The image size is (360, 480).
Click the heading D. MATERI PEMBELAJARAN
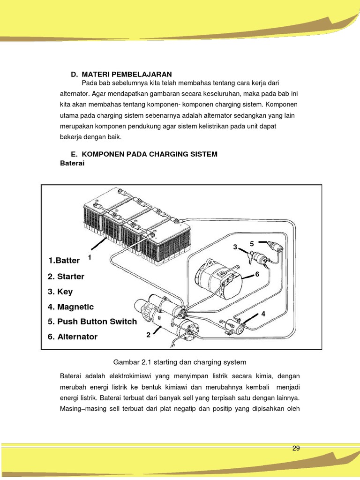click(x=121, y=74)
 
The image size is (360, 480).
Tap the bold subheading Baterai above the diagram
click(x=72, y=163)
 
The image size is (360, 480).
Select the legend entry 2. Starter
click(x=66, y=277)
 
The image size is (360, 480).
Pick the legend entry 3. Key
click(x=60, y=292)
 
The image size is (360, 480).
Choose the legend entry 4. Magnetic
click(x=71, y=307)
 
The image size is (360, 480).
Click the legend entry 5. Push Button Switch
click(x=92, y=322)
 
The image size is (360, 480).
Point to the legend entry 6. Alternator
click(x=73, y=337)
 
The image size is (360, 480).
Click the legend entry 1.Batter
click(x=64, y=260)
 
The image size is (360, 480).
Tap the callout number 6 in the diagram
click(x=257, y=275)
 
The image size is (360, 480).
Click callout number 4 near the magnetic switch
click(x=263, y=314)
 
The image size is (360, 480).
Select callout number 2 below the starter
click(x=148, y=335)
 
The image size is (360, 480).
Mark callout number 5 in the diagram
click(x=252, y=244)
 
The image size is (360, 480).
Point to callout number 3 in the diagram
click(x=235, y=247)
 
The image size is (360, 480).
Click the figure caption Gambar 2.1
click(x=180, y=362)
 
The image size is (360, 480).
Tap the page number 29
click(x=296, y=448)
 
